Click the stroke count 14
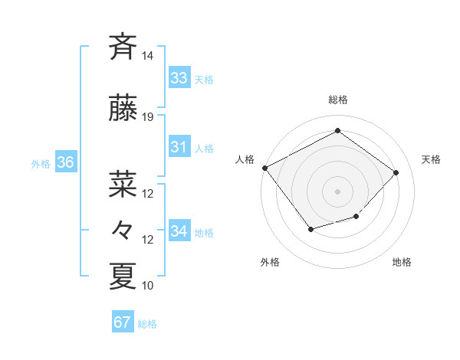[148, 56]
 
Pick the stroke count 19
[148, 117]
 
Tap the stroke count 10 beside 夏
[148, 286]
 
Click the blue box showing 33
[179, 78]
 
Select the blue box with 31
[179, 147]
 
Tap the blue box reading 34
[179, 231]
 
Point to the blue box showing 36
[65, 162]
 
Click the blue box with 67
[123, 322]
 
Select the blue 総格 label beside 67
[147, 324]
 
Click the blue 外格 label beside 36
[41, 163]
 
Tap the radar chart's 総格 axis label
[337, 100]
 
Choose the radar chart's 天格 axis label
[431, 159]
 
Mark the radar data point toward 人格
[265, 168]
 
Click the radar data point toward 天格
[396, 172]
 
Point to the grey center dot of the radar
[337, 191]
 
